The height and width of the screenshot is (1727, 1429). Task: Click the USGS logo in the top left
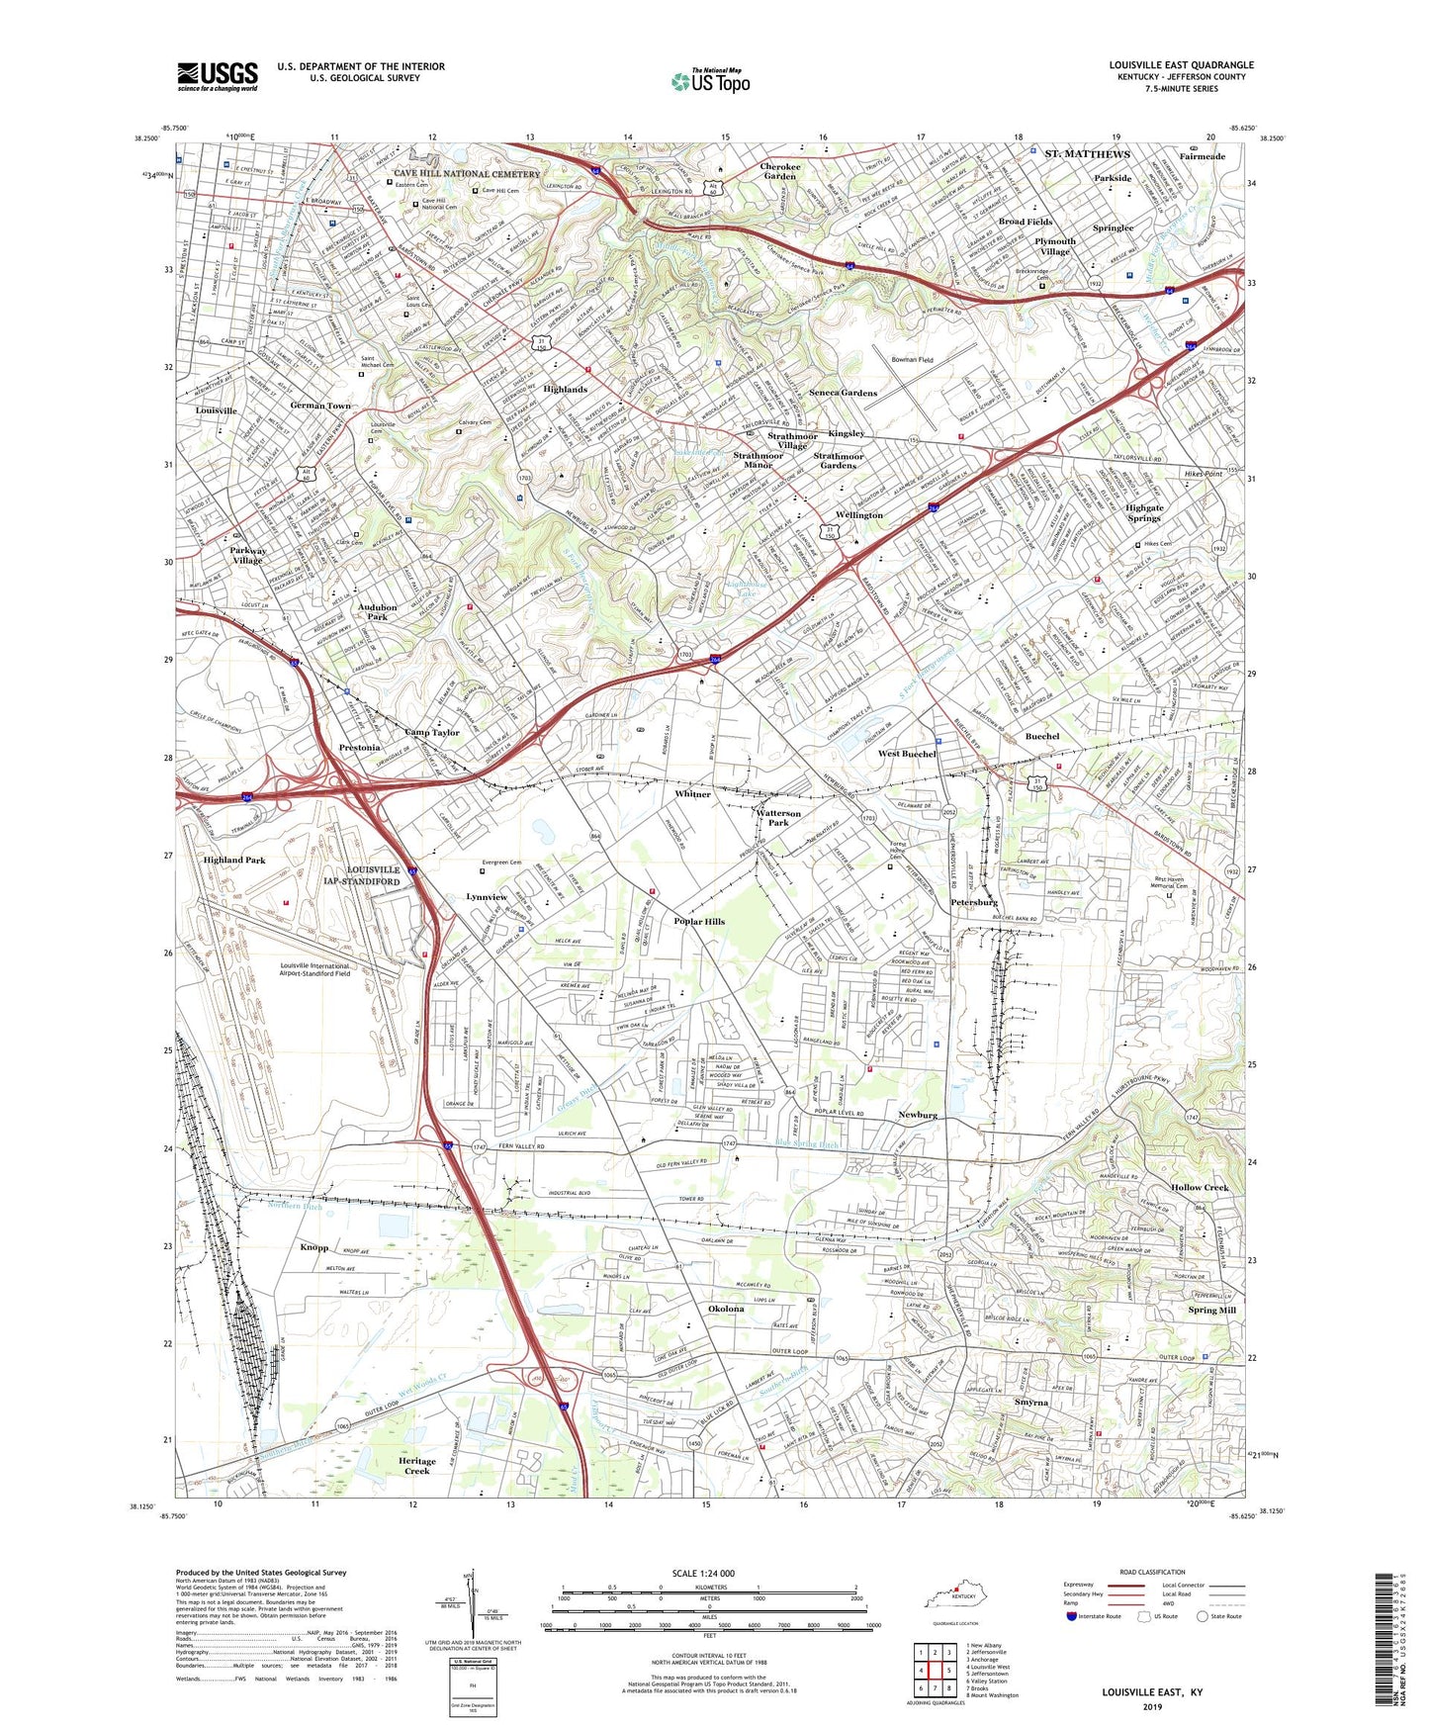click(x=217, y=76)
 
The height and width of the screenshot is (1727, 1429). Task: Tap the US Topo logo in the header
click(x=710, y=81)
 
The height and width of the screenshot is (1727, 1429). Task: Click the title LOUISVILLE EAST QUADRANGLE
click(x=1181, y=65)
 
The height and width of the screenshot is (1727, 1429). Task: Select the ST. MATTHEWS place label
click(x=1087, y=154)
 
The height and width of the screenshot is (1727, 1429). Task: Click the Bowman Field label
click(x=912, y=360)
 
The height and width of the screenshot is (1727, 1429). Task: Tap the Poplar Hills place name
click(x=700, y=921)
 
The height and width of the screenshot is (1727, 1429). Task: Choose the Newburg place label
click(x=917, y=1115)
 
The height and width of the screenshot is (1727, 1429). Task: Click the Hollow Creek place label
click(x=1199, y=1187)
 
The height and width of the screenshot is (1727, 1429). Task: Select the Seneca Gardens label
click(x=843, y=393)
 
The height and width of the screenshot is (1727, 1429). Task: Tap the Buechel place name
click(x=1042, y=736)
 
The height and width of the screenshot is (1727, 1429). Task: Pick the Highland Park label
click(x=234, y=860)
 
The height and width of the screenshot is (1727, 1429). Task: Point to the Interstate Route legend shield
click(x=1072, y=1616)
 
